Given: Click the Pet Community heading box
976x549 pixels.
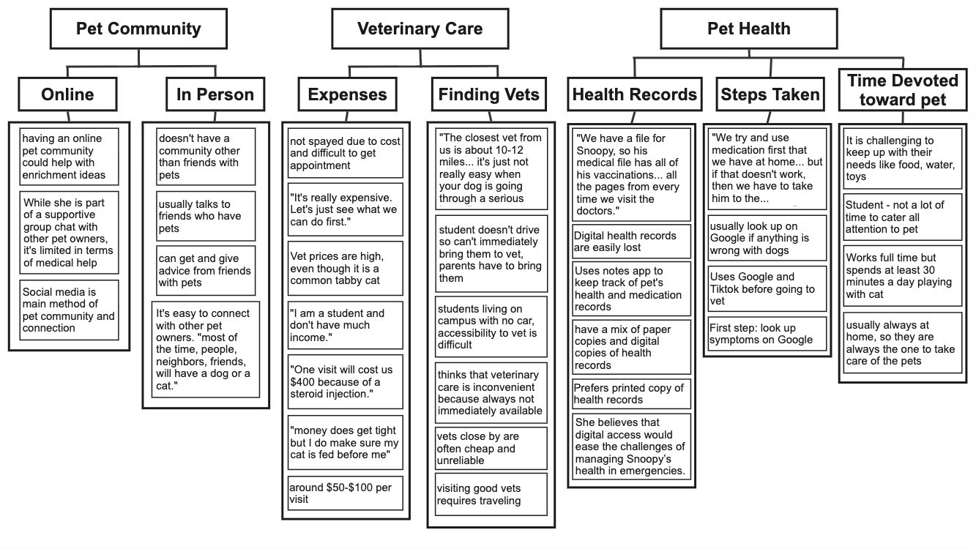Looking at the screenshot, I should [x=138, y=29].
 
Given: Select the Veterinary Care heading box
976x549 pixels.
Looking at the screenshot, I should [x=420, y=29].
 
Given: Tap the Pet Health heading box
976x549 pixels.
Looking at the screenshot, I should [x=748, y=29].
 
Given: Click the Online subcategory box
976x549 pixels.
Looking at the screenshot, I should [x=67, y=94].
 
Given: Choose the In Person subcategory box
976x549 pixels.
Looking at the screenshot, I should [x=215, y=94].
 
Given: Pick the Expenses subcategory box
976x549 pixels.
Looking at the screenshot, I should [x=347, y=94].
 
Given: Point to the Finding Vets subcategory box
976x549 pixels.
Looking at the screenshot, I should [x=488, y=94].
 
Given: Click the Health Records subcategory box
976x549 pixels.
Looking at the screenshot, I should [x=634, y=94].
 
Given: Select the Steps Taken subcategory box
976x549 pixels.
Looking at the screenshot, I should [x=770, y=94].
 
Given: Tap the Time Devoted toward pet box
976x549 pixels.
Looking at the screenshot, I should [x=902, y=90].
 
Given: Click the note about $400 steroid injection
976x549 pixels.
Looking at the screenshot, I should [x=345, y=381].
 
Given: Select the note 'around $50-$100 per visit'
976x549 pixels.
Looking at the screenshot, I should [x=345, y=493].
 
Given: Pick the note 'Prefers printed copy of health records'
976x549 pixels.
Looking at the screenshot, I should [x=631, y=394].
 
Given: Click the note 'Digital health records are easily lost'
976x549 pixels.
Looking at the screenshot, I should [x=631, y=242].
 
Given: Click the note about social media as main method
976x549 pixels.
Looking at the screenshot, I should [x=69, y=310].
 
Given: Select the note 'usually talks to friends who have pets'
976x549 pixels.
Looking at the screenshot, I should [x=206, y=216].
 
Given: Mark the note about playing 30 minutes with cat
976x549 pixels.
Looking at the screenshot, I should [x=901, y=276].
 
